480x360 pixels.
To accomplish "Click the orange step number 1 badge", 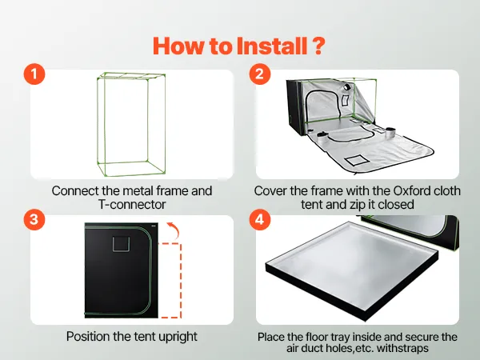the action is pos(34,74).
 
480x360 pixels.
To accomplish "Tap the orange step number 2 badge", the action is pos(259,74).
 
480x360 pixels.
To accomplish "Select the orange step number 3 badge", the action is pos(34,219).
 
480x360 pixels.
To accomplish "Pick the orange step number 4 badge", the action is pos(259,219).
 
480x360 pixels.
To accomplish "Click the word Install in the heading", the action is pos(272,46).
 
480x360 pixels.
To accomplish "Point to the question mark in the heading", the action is pos(318,46).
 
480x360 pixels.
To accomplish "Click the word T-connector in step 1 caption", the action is pos(132,205).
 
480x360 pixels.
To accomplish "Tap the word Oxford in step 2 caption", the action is pos(411,190).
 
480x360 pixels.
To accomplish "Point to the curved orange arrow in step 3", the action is pos(174,230).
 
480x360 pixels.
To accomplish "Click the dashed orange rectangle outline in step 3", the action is pos(182,281).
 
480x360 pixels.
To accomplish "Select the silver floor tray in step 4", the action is pos(352,270).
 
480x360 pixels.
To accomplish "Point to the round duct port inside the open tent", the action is pos(347,87).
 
